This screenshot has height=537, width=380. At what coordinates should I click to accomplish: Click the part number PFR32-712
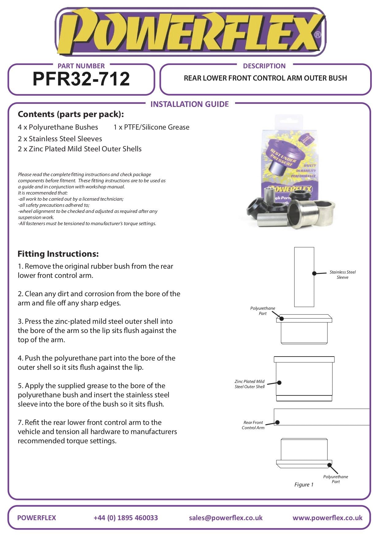click(x=81, y=79)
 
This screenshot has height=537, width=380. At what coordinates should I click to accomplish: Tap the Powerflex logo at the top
click(x=190, y=32)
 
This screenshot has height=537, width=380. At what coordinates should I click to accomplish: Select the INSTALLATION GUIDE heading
click(x=189, y=104)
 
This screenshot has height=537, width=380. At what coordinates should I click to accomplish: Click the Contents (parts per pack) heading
click(x=71, y=114)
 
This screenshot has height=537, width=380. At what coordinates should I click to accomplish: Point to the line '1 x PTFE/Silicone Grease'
click(x=151, y=127)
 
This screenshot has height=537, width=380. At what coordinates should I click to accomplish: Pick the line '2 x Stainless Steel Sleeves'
click(x=60, y=139)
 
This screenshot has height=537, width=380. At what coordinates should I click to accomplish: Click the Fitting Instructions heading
click(x=58, y=254)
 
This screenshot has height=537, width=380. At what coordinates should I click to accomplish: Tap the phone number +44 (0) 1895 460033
click(x=126, y=518)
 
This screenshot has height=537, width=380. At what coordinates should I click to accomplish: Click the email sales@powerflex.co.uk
click(x=226, y=518)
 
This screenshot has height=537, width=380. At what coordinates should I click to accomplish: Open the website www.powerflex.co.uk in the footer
click(x=327, y=518)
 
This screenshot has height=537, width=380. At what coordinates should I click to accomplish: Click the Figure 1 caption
click(x=304, y=485)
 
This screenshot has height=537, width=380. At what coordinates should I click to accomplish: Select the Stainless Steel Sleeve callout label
click(x=343, y=275)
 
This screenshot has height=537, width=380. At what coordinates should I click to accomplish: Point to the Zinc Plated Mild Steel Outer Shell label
click(x=250, y=384)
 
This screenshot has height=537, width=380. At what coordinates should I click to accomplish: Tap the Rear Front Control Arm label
click(x=253, y=425)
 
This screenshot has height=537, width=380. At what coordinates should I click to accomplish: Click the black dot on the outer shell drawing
click(x=279, y=383)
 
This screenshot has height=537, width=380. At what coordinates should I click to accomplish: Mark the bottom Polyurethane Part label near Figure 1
click(x=336, y=479)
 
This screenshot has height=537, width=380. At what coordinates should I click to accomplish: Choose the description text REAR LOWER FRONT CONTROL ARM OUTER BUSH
click(x=265, y=78)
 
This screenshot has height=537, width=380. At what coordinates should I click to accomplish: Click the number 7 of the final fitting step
click(x=20, y=423)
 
